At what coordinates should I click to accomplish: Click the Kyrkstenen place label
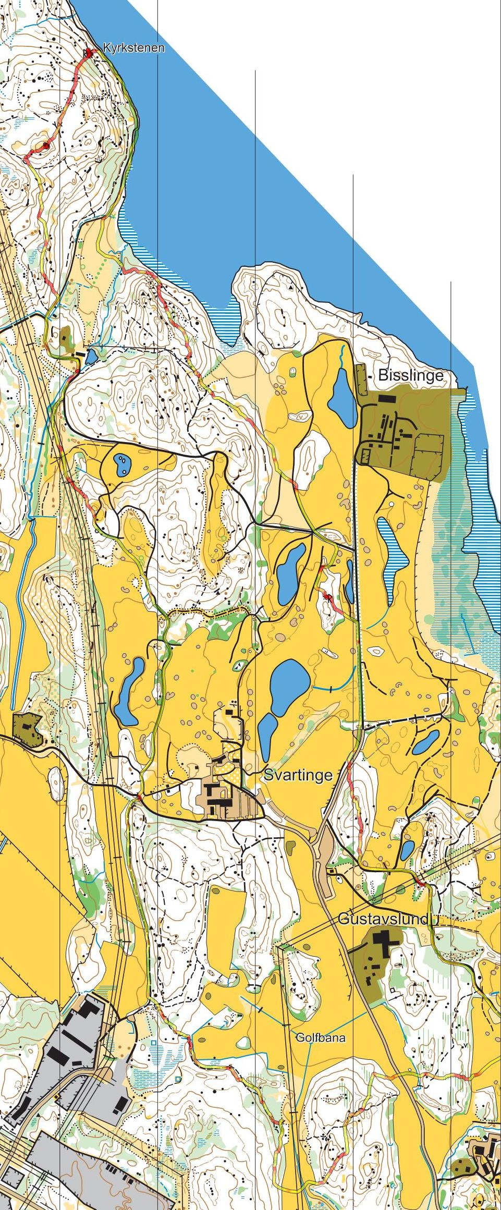[133, 48]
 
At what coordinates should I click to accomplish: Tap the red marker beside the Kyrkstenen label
[89, 52]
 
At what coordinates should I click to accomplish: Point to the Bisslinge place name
[411, 375]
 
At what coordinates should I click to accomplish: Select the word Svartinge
[298, 775]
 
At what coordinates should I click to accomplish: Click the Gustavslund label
[383, 919]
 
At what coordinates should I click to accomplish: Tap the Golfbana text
[320, 1037]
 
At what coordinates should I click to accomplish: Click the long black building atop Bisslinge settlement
[387, 398]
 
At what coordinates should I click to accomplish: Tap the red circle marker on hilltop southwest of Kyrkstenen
[46, 146]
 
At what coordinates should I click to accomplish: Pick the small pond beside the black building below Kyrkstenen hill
[92, 357]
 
